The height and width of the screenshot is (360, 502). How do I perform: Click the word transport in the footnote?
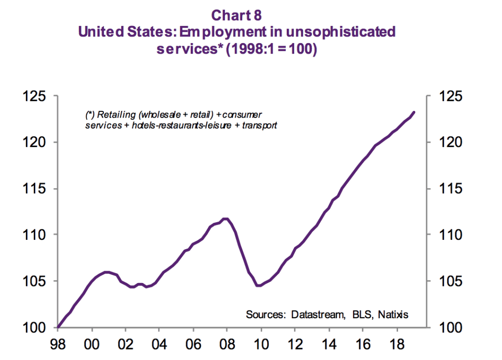tap(259, 125)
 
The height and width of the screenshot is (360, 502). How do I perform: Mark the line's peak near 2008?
tap(226, 219)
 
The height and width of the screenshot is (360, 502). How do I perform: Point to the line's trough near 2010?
tap(258, 285)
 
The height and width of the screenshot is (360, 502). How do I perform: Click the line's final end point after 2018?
tap(415, 112)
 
